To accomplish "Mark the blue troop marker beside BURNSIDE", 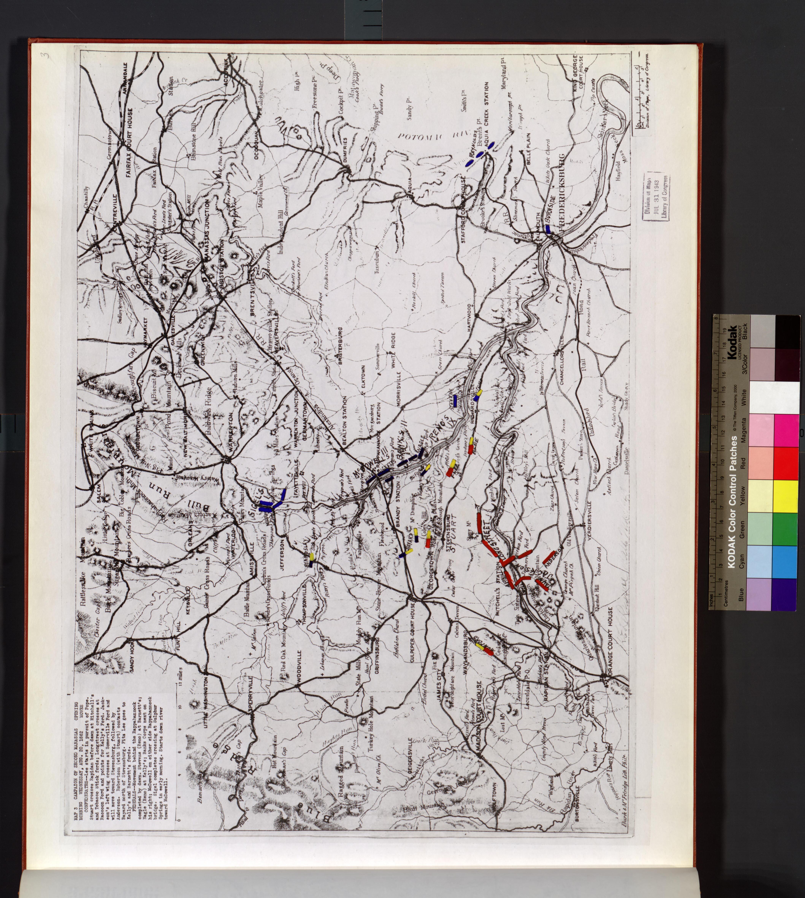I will point(548,229).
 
